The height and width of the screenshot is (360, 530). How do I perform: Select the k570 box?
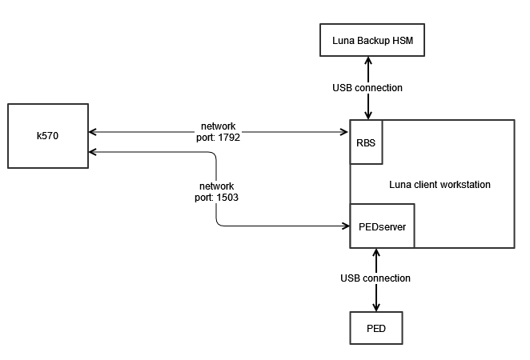(47, 136)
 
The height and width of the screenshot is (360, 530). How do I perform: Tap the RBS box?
(365, 142)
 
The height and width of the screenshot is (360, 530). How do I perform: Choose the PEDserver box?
(381, 226)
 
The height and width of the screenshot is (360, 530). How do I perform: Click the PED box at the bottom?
(375, 328)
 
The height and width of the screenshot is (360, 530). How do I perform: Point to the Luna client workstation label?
(440, 185)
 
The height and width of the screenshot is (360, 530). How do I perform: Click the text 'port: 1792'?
(219, 137)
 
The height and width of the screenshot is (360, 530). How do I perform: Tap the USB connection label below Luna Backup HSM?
(367, 87)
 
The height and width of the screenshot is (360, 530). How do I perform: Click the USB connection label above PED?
(375, 278)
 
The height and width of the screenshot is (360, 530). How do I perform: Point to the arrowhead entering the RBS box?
(344, 131)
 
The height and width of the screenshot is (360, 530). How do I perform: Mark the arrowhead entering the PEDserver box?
(344, 226)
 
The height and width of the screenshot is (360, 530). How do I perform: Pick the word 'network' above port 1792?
(219, 126)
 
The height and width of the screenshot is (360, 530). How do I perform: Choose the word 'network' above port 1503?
(216, 186)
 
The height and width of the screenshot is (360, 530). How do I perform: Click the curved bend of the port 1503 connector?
(220, 222)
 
